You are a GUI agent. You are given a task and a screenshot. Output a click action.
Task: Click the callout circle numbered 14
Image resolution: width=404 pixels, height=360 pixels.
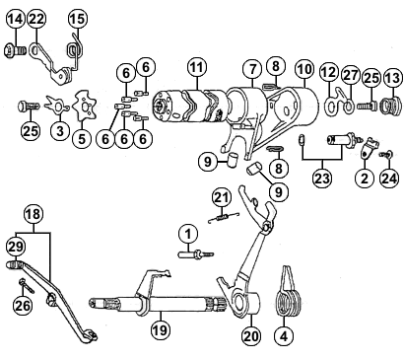point(16,19)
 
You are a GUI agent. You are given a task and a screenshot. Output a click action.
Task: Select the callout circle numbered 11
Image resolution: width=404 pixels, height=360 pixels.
point(197,68)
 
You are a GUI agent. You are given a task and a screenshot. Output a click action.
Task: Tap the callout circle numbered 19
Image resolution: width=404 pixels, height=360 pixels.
point(161,329)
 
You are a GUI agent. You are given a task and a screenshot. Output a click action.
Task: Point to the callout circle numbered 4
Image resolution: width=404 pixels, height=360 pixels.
point(284,335)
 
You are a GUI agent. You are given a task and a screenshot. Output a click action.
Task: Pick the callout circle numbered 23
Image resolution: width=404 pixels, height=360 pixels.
point(322,179)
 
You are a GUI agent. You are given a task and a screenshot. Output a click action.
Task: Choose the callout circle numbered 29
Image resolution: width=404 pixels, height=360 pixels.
point(16,247)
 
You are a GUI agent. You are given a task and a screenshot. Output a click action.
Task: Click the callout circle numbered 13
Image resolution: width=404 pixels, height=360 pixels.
point(392,79)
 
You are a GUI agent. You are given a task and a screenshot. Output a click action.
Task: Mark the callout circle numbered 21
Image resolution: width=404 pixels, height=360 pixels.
point(222,197)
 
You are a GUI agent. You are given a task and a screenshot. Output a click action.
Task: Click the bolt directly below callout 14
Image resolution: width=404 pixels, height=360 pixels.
point(16,51)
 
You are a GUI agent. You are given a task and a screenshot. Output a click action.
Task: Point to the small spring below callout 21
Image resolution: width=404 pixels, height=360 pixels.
point(224,217)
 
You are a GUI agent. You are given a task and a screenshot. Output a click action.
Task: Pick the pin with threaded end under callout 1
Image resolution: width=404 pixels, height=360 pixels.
point(196,254)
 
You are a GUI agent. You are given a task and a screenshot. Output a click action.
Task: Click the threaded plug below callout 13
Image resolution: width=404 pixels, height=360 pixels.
point(391,106)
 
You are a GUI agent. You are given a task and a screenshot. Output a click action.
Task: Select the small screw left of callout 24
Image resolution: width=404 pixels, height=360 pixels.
point(385,154)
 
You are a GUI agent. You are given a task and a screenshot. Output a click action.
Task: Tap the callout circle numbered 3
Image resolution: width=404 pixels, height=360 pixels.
point(60,131)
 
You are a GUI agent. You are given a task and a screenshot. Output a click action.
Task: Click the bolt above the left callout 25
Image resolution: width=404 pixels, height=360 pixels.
point(29,107)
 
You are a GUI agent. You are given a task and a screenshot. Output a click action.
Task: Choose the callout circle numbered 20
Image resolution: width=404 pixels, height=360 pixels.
point(251,335)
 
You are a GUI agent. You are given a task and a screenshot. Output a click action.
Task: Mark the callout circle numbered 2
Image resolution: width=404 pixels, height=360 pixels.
point(365,179)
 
